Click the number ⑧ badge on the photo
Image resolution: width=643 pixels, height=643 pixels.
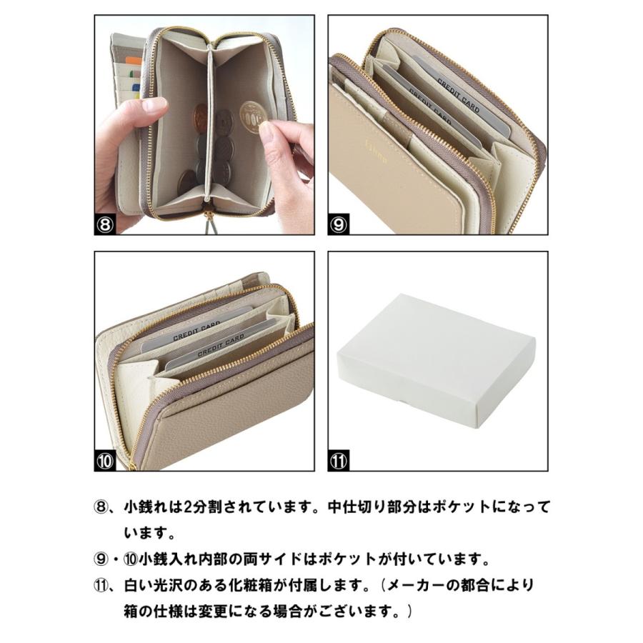(x=105, y=224)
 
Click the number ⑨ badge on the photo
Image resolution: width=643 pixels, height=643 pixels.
(x=339, y=224)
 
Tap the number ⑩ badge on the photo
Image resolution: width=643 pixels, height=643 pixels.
(x=105, y=461)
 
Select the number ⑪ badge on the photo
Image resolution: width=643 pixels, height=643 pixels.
(x=339, y=461)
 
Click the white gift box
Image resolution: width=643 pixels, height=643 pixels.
(x=437, y=361)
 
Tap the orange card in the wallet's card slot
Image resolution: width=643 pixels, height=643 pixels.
(x=134, y=61)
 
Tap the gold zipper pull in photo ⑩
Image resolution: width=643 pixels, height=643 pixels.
(x=133, y=467)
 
